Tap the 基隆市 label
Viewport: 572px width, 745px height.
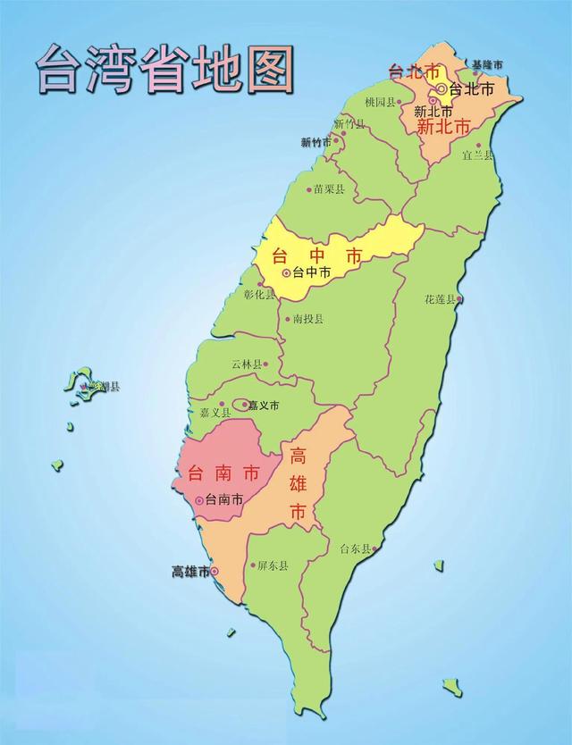pos(488,64)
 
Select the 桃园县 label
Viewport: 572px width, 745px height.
pos(380,102)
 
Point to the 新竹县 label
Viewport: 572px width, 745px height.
pos(349,124)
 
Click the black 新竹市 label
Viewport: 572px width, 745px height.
pos(315,142)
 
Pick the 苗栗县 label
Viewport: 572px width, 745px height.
pos(330,189)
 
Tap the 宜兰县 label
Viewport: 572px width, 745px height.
pos(477,155)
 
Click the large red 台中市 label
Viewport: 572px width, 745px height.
pos(316,255)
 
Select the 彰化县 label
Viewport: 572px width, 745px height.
pos(259,295)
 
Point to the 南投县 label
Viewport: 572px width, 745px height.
pos(307,318)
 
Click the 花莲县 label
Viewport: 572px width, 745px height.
pos(440,299)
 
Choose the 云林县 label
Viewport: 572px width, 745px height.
pos(246,364)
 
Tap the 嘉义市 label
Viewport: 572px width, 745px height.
pos(264,405)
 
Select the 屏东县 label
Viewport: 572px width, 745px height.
pos(272,565)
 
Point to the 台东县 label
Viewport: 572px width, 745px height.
pos(354,548)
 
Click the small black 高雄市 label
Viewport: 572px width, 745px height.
pos(189,572)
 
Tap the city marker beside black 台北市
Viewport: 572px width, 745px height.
pos(442,89)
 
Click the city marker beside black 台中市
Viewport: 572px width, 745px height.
pos(286,272)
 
